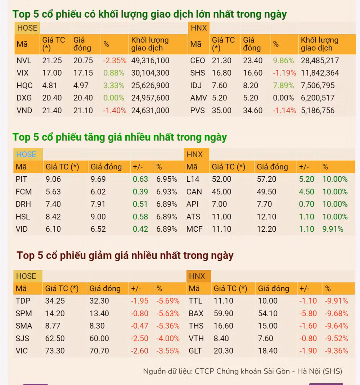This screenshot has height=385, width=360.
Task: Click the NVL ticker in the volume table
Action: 24,60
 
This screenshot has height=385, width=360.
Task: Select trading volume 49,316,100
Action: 150,60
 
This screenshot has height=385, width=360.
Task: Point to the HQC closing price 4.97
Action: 83,86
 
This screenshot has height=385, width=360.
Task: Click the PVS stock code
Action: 197,110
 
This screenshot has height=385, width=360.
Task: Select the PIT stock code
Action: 22,179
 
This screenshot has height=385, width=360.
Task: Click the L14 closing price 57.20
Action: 266,179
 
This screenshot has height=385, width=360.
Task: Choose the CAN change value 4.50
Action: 306,192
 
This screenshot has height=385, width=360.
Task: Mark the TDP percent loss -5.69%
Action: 167,301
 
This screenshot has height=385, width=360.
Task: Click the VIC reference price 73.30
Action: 55,351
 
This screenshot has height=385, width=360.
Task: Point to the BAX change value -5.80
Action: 308,313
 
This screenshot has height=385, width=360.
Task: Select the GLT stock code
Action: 195,351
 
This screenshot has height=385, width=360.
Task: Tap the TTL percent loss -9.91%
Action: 336,301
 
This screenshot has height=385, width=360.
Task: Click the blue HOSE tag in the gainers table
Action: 26,154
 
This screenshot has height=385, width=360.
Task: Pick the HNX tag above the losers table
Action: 197,276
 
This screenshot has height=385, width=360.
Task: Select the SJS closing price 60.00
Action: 99,338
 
